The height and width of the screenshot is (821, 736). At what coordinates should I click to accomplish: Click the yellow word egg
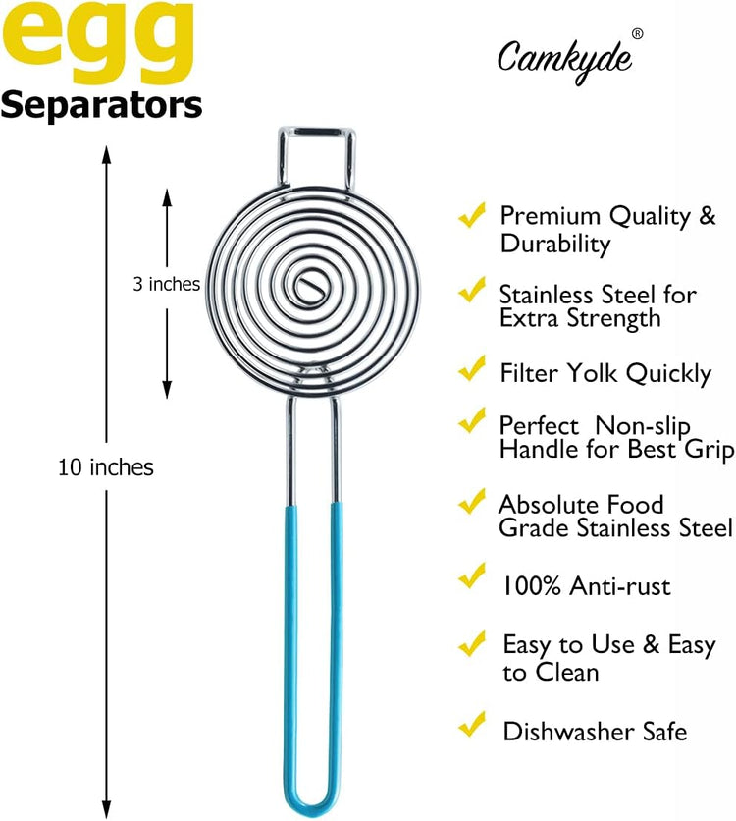coord(98,42)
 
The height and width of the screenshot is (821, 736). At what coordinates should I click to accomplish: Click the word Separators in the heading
coord(101,105)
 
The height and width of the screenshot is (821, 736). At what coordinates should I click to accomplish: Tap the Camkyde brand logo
coord(564,61)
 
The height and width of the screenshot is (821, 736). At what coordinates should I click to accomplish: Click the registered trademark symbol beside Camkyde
coord(637,34)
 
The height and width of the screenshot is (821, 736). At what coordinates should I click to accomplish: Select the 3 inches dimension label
coord(167,284)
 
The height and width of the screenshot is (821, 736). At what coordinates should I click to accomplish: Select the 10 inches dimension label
coord(106,467)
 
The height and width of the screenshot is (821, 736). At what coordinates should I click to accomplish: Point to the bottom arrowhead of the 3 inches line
coord(167,389)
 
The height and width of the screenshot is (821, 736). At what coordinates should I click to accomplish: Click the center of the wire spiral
coord(307,286)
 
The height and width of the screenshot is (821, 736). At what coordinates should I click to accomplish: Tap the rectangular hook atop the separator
coord(316,131)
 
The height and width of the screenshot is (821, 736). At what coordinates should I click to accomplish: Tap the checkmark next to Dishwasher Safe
coord(472,725)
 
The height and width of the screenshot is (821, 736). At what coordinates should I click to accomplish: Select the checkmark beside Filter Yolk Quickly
coord(472,367)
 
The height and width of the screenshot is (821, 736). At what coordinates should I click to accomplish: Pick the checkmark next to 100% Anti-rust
coord(472,576)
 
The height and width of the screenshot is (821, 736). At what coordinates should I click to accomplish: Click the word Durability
coord(555,245)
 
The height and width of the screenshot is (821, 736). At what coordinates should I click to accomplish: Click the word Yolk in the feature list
coord(595,373)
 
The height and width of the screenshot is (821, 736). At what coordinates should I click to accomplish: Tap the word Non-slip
coord(643,425)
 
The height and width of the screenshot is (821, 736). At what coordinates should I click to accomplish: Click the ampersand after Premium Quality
coord(708,216)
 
